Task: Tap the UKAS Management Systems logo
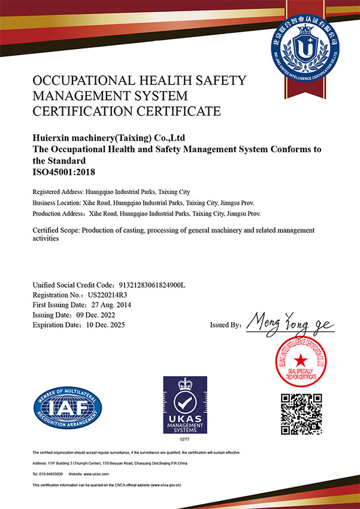(x=185, y=406)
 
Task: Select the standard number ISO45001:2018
(x=63, y=172)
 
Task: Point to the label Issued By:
(x=226, y=325)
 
